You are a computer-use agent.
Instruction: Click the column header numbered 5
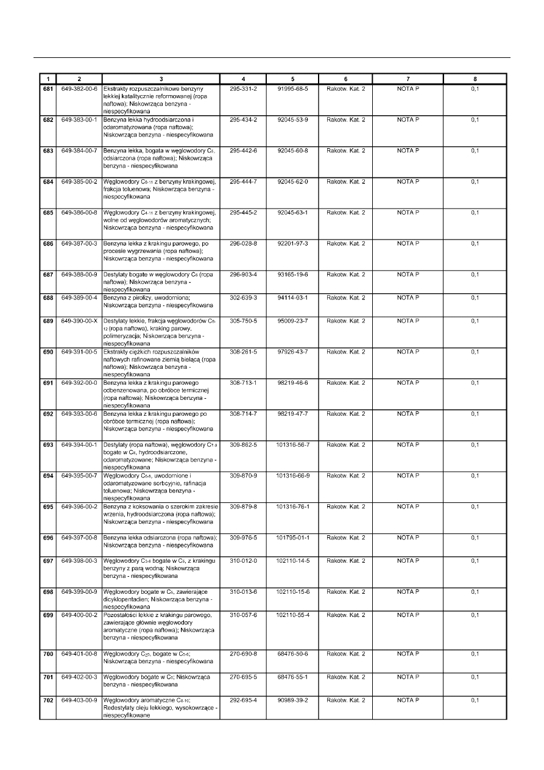tap(292, 79)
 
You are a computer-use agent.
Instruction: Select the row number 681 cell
tap(48, 89)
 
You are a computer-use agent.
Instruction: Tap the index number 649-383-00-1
tap(79, 119)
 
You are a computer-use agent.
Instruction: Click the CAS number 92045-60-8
tap(292, 151)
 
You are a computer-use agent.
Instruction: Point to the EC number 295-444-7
tap(243, 182)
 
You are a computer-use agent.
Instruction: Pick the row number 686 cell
tap(48, 243)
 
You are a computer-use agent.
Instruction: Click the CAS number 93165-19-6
tap(292, 274)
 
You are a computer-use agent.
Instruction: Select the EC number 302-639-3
tap(243, 298)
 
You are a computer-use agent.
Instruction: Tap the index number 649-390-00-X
tap(79, 321)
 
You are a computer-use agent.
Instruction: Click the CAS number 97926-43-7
tap(292, 352)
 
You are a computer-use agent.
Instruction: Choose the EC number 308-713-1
tap(243, 383)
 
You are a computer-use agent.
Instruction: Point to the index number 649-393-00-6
tap(79, 414)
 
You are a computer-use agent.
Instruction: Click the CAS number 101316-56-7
tap(292, 445)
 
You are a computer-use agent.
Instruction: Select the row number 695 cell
tap(48, 507)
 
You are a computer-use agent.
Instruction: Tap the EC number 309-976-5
tap(243, 538)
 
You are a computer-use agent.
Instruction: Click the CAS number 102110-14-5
tap(292, 561)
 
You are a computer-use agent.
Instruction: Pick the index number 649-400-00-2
tap(79, 615)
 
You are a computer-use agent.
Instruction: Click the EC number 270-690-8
tap(243, 654)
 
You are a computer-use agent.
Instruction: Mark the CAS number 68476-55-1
tap(292, 677)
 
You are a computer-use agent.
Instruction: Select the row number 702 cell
tap(48, 700)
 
